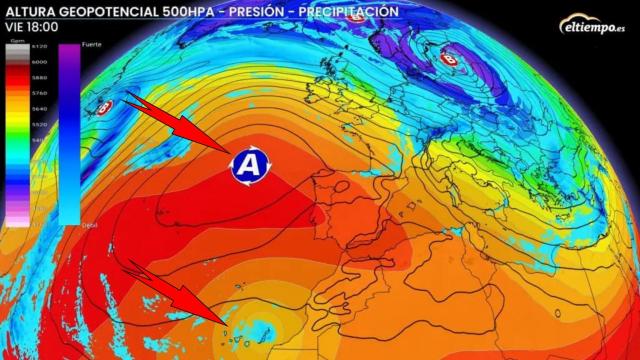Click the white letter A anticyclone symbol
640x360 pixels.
pos(251,163)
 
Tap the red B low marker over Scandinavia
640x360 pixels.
pos(447,60)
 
